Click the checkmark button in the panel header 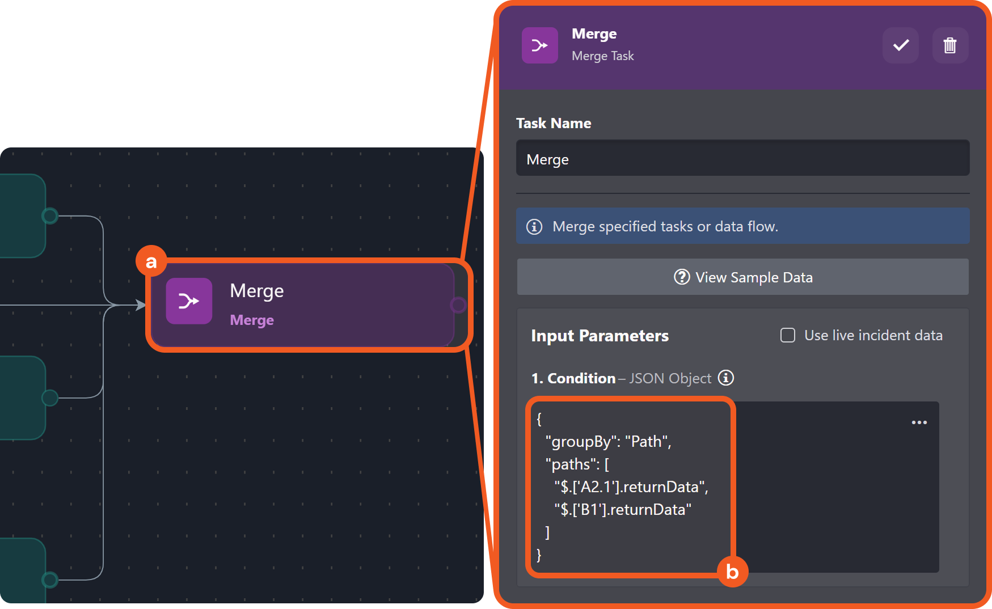[x=901, y=45]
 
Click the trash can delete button [x=950, y=45]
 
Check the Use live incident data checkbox [x=788, y=335]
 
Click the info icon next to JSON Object [x=726, y=378]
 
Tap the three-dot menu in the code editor [x=919, y=422]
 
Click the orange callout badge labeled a [x=151, y=261]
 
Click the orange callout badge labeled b [x=732, y=572]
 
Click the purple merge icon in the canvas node [x=189, y=301]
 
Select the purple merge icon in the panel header [x=540, y=45]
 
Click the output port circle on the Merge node [x=458, y=305]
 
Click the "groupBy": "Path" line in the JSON [x=608, y=442]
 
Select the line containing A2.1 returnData [x=631, y=487]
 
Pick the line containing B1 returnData [x=623, y=510]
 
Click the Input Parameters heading [x=600, y=336]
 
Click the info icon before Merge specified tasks [x=534, y=226]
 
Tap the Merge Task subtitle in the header [x=603, y=56]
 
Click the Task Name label [x=554, y=123]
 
